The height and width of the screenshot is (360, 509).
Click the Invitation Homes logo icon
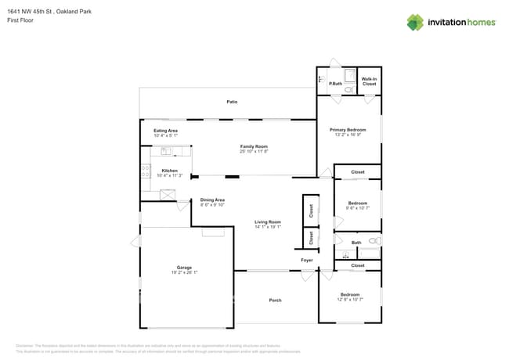(x=415, y=22)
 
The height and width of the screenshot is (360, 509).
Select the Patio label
(x=232, y=102)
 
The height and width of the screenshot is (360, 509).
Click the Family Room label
(x=254, y=146)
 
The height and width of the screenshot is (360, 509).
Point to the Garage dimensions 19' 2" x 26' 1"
(x=184, y=272)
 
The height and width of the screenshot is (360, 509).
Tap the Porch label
(x=275, y=301)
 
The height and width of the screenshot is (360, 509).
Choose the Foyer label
(x=307, y=261)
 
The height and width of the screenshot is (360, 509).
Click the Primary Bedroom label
(x=348, y=129)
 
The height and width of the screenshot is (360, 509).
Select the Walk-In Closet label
(x=370, y=80)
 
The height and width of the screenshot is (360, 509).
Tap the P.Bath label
(x=335, y=84)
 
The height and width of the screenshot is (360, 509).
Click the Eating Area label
(x=165, y=131)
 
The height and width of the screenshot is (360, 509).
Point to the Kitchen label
(x=170, y=171)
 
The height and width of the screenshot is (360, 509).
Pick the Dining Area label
(x=212, y=200)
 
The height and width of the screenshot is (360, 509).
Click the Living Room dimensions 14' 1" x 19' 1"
(x=268, y=227)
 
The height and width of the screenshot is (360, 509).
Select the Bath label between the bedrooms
(x=356, y=243)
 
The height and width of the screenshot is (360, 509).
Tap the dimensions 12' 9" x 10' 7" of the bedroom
(x=349, y=299)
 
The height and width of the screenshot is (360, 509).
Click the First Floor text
(x=20, y=20)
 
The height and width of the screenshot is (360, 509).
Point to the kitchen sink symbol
(x=167, y=152)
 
